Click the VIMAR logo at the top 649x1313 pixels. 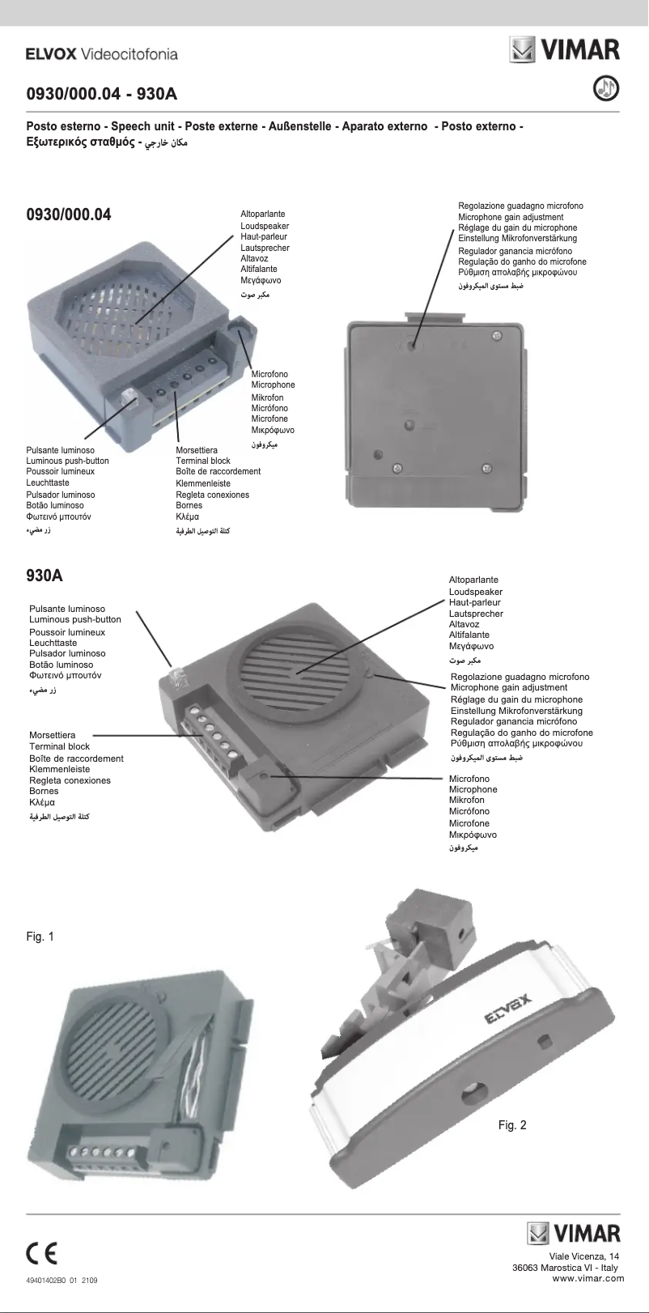tap(565, 49)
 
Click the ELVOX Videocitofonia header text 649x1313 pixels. tap(101, 54)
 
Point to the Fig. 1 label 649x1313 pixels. tap(40, 937)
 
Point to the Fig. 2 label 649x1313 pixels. tap(512, 1125)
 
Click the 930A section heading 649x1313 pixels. tap(45, 576)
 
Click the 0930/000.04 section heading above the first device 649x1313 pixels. tap(69, 215)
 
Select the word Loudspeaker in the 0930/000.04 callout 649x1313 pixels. tap(265, 226)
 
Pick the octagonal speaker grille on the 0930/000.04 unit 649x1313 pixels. tap(138, 308)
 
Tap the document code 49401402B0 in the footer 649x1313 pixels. tap(50, 1281)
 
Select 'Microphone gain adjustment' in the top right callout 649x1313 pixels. tap(511, 217)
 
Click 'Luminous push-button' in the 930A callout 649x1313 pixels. tap(75, 619)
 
